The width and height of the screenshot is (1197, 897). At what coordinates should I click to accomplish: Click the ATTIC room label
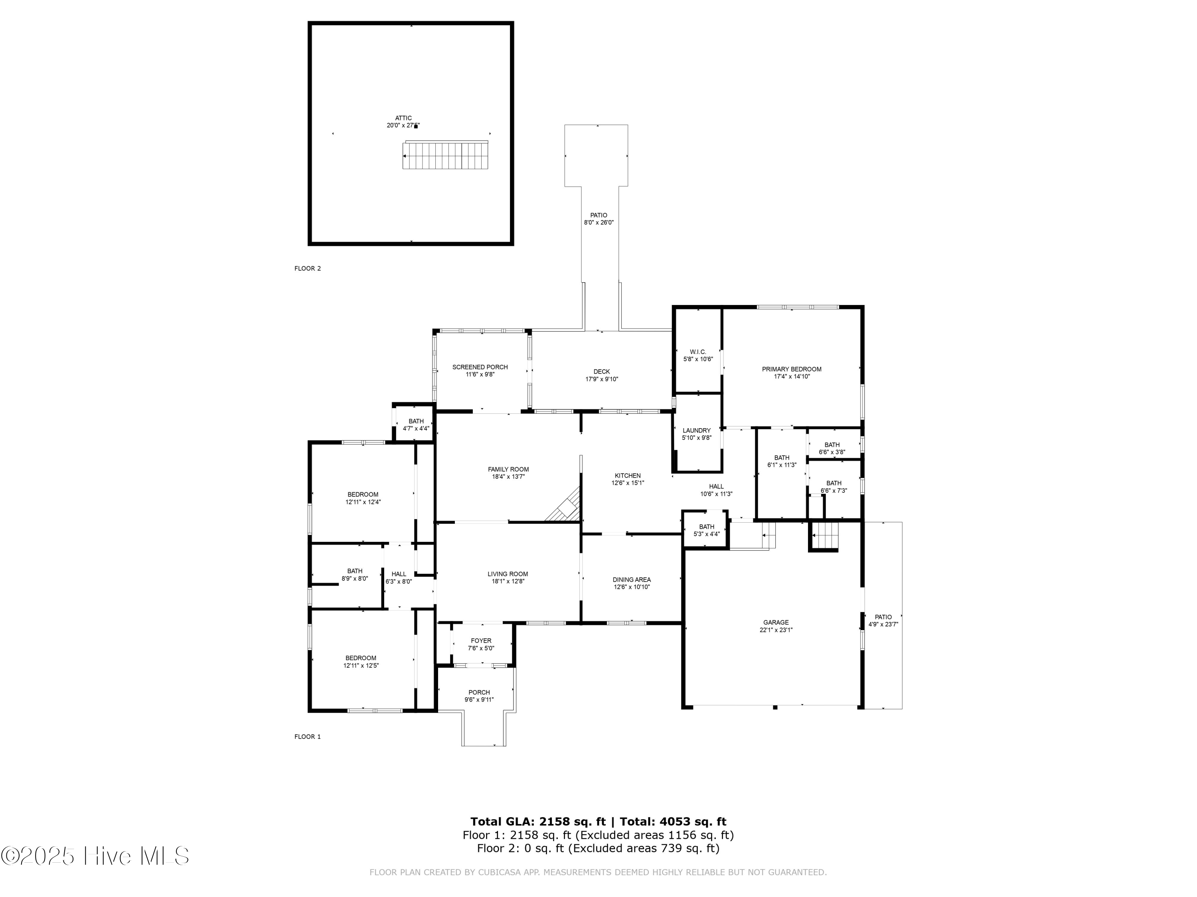coord(403,118)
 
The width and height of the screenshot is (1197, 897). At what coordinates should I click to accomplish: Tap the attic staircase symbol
coord(445,156)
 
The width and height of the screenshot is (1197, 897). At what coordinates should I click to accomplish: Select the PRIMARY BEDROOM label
coord(792,369)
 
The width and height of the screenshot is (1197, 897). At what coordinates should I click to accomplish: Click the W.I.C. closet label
coord(698,352)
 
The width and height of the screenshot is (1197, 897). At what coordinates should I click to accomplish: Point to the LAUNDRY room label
coord(696,431)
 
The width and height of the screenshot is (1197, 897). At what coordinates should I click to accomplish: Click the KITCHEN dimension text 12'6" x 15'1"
coord(628,483)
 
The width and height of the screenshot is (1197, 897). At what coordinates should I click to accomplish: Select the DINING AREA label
coord(632,580)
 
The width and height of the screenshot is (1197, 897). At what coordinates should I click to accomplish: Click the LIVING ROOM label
coord(508,574)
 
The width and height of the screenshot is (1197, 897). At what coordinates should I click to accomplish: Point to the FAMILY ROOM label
coord(508,469)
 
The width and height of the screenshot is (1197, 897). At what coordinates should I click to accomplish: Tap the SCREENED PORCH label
coord(480,367)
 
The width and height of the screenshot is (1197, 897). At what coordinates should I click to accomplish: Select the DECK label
coord(601,372)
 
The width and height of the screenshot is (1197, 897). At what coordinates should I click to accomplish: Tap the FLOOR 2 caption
coord(307,268)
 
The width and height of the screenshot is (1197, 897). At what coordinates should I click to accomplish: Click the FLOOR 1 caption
coord(307,736)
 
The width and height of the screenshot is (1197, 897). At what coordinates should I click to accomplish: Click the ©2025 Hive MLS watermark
coord(95,856)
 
